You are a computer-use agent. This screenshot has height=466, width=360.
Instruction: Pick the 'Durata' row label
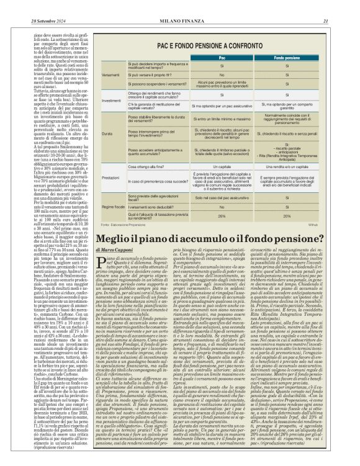(107, 134)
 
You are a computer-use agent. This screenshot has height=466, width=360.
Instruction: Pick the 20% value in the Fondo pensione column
(287, 216)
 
